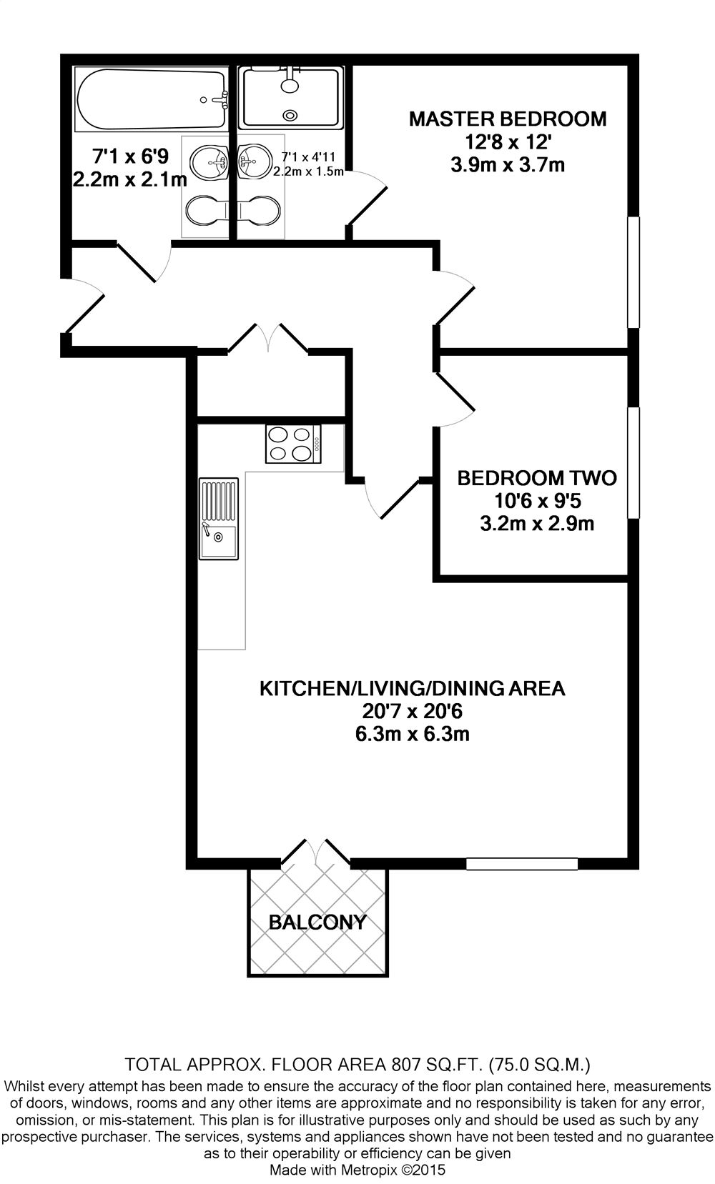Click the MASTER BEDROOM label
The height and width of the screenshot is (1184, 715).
[507, 119]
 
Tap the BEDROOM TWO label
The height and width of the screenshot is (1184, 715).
[536, 477]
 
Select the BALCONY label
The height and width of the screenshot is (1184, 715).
[317, 922]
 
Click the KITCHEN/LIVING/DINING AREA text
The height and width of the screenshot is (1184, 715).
[412, 689]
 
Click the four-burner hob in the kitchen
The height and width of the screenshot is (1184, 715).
[293, 443]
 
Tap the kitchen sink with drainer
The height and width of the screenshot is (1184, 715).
[218, 518]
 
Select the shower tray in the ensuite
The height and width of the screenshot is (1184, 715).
[290, 96]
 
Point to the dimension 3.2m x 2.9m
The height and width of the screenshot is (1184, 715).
[536, 524]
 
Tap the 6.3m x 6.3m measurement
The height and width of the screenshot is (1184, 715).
[412, 734]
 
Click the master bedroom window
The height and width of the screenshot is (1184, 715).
[633, 272]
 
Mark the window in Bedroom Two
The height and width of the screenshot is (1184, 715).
[633, 462]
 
